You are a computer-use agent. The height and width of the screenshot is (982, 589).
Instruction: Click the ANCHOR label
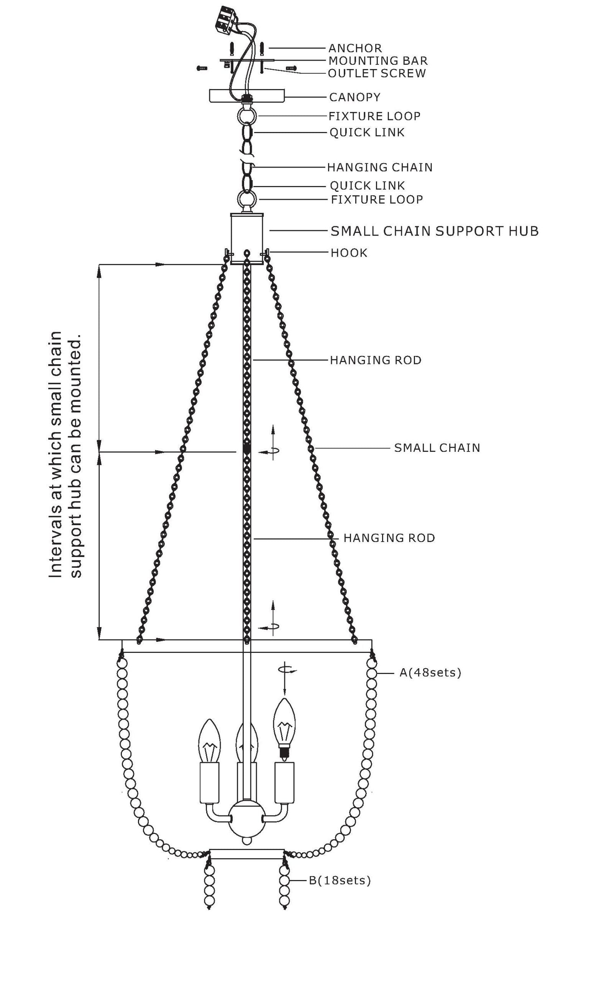coord(355,48)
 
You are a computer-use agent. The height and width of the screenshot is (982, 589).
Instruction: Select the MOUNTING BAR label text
coord(378,61)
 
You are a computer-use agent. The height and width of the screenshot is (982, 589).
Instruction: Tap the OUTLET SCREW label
coord(377,73)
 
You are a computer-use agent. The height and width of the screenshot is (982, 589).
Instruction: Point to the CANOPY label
coord(354,97)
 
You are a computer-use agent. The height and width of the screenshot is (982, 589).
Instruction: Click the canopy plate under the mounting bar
coord(247,96)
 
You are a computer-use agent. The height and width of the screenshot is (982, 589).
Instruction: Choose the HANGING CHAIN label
coord(379,167)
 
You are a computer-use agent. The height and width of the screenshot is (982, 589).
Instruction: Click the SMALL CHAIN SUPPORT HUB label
coord(435,231)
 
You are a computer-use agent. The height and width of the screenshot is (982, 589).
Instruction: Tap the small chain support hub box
coord(247,238)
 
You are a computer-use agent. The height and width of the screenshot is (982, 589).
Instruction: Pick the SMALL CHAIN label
coord(437,448)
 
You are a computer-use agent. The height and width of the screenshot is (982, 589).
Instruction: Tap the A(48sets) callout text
coord(430,672)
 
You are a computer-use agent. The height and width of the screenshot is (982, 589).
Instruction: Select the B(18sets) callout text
coord(340,880)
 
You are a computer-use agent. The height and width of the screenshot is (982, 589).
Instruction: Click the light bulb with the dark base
coord(284,729)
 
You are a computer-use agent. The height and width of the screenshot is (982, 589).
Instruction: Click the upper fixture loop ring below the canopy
coord(247,116)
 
